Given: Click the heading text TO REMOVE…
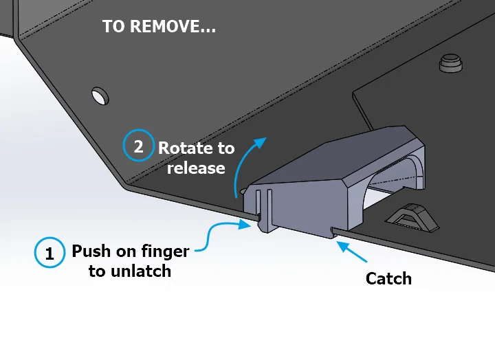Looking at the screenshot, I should pyautogui.click(x=159, y=27).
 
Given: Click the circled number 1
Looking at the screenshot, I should pyautogui.click(x=49, y=253).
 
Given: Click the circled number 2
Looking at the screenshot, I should pyautogui.click(x=138, y=146).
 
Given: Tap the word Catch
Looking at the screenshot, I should pyautogui.click(x=388, y=278).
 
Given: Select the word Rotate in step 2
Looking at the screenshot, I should pyautogui.click(x=186, y=147).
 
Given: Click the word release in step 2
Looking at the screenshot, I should pyautogui.click(x=196, y=168).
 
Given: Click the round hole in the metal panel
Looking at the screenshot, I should pyautogui.click(x=100, y=95).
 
